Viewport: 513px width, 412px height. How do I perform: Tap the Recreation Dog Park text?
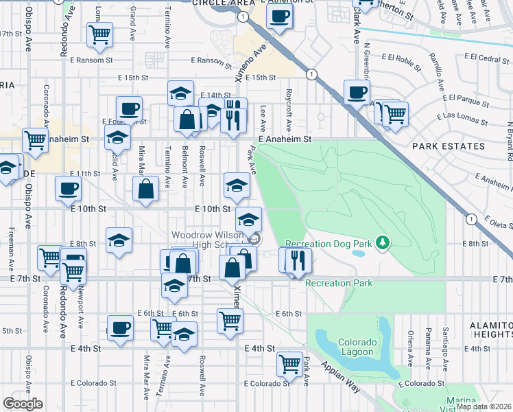coord(327,243)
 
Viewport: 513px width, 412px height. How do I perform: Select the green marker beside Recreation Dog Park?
coord(383,242)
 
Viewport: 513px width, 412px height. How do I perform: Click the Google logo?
coord(23,404)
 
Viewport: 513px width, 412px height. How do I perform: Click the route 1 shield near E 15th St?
coord(312,73)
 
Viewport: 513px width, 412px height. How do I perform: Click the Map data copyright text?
coord(484,407)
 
